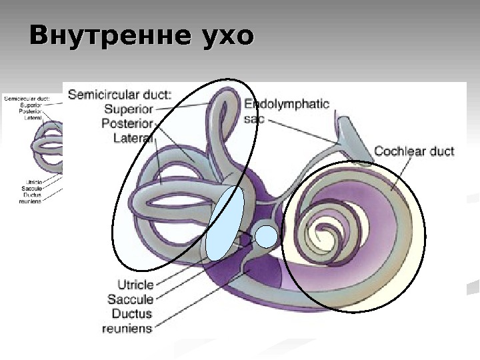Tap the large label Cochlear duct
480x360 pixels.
(414, 151)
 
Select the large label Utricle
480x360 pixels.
(135, 285)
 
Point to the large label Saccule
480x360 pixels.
(131, 299)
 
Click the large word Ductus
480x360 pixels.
(131, 313)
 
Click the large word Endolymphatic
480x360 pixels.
(287, 104)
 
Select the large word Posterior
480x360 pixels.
(127, 123)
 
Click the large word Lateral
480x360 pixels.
(133, 138)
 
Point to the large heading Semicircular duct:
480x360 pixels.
(119, 95)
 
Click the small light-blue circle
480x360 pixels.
(266, 236)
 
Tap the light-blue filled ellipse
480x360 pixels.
(225, 222)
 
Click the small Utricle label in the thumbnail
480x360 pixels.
(34, 183)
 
